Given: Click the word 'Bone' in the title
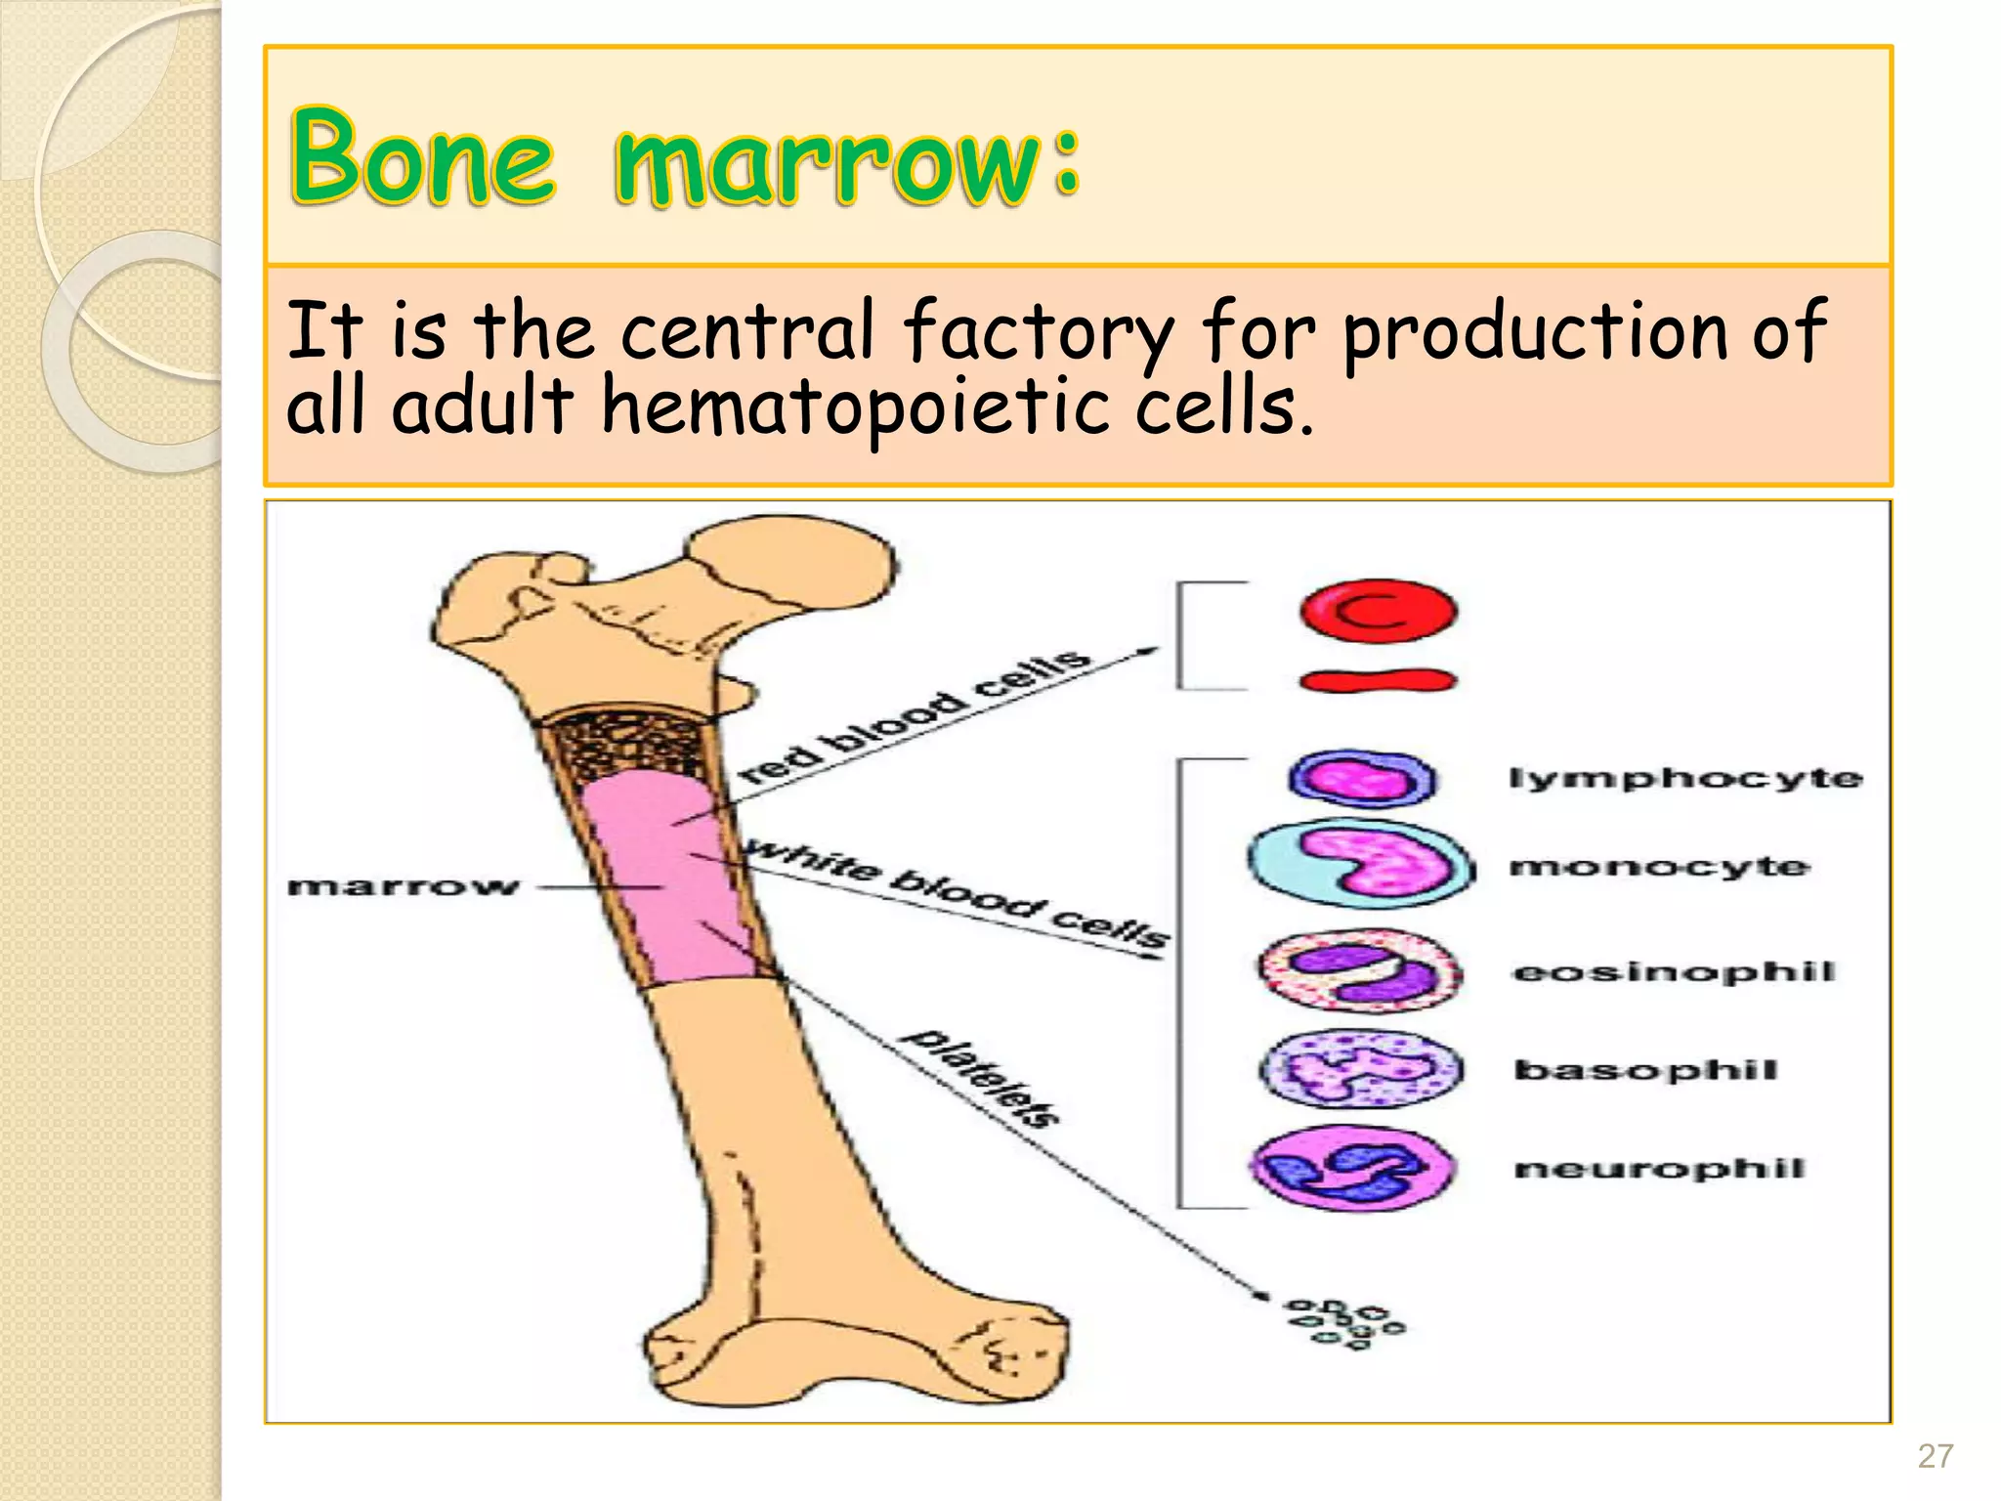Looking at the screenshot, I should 422,158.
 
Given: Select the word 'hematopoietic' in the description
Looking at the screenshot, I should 856,406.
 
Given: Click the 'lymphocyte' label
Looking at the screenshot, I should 1685,779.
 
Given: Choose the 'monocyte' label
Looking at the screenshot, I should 1659,867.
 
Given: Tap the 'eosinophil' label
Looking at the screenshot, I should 1674,971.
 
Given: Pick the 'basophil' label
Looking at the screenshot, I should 1646,1070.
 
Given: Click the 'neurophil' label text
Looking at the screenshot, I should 1659,1169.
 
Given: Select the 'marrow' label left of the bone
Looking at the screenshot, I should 403,887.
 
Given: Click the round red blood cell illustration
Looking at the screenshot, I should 1378,611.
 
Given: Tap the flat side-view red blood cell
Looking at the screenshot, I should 1378,680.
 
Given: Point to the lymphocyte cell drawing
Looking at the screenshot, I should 1363,780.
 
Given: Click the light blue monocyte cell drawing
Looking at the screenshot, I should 1361,864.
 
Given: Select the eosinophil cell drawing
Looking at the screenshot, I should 1360,970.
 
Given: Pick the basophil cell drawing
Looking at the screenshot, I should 1361,1069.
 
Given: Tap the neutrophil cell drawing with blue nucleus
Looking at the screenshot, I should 1353,1168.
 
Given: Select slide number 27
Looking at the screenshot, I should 1935,1457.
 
